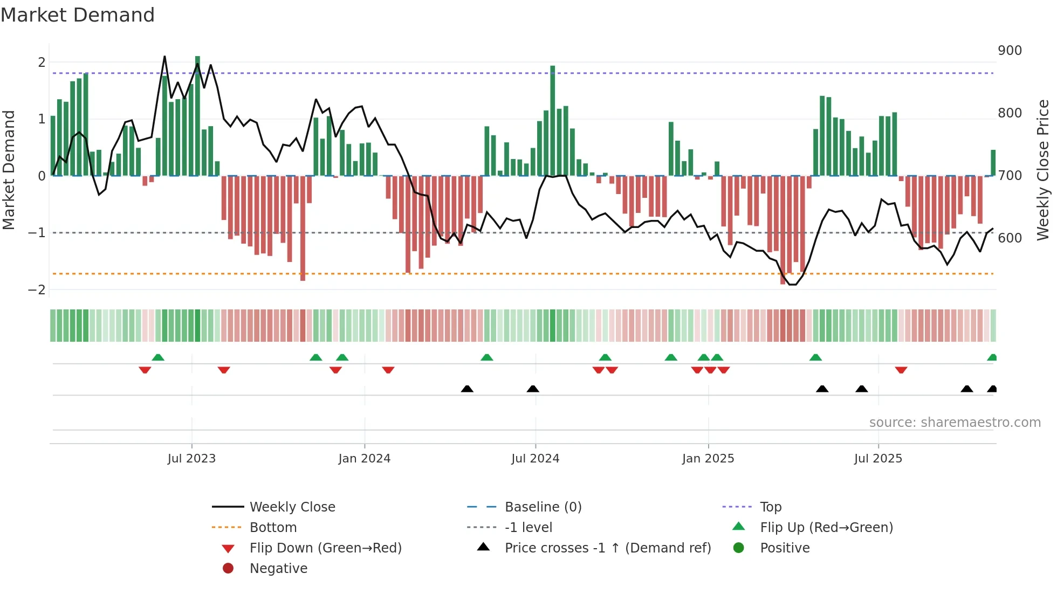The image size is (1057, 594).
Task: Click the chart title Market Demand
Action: pyautogui.click(x=78, y=15)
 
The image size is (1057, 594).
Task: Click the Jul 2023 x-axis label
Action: pyautogui.click(x=191, y=459)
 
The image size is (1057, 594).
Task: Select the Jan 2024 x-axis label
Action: pyautogui.click(x=364, y=459)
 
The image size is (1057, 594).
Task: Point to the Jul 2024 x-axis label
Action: pyautogui.click(x=535, y=459)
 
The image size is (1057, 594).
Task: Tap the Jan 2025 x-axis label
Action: pyautogui.click(x=708, y=459)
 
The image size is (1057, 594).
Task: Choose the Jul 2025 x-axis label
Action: pyautogui.click(x=878, y=459)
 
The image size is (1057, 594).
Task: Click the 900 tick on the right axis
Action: pyautogui.click(x=1010, y=51)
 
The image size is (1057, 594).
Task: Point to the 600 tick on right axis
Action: pyautogui.click(x=1010, y=238)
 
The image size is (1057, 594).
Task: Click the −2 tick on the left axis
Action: pyautogui.click(x=37, y=290)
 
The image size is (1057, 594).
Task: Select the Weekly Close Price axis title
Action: pyautogui.click(x=1043, y=170)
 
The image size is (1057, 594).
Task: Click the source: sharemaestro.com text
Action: pyautogui.click(x=955, y=423)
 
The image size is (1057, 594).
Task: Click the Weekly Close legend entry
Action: pyautogui.click(x=292, y=507)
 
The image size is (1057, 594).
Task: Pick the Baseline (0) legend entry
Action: pyautogui.click(x=543, y=507)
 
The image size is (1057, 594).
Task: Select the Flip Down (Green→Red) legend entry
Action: pyautogui.click(x=325, y=548)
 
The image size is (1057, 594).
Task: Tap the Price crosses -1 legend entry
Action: pyautogui.click(x=607, y=548)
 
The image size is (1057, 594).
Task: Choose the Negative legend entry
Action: pyautogui.click(x=278, y=569)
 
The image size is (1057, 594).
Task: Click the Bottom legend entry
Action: pyautogui.click(x=273, y=528)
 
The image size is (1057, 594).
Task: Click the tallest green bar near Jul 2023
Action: pyautogui.click(x=197, y=116)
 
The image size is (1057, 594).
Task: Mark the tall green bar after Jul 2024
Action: pyautogui.click(x=553, y=121)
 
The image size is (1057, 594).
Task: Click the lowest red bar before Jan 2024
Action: pyautogui.click(x=303, y=228)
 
